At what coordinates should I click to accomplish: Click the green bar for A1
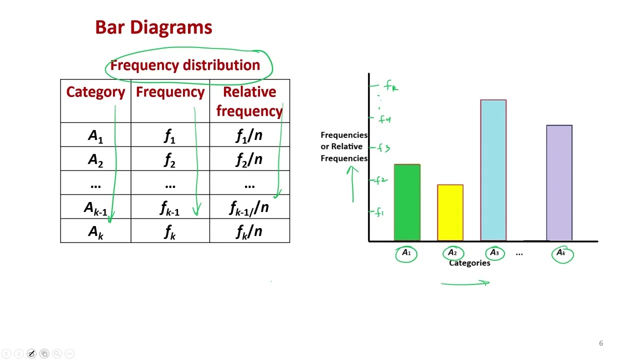point(407,202)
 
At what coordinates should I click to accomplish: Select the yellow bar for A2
point(450,212)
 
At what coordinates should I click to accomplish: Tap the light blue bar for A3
point(493,170)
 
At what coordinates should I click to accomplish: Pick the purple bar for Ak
point(559,183)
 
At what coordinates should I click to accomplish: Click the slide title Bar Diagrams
point(153,27)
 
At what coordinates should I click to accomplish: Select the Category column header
point(95,92)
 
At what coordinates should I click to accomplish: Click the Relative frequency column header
point(249,101)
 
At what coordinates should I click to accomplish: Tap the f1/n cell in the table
point(249,135)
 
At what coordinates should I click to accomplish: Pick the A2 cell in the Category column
point(95,159)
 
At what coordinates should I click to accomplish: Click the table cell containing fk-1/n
point(249,207)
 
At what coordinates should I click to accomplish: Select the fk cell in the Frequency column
point(170,231)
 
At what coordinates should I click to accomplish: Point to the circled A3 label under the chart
point(494,253)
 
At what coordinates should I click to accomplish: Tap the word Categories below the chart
point(469,263)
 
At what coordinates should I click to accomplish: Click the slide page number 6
point(601,343)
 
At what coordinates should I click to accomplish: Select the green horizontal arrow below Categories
point(465,283)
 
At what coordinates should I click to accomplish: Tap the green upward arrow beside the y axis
point(352,184)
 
